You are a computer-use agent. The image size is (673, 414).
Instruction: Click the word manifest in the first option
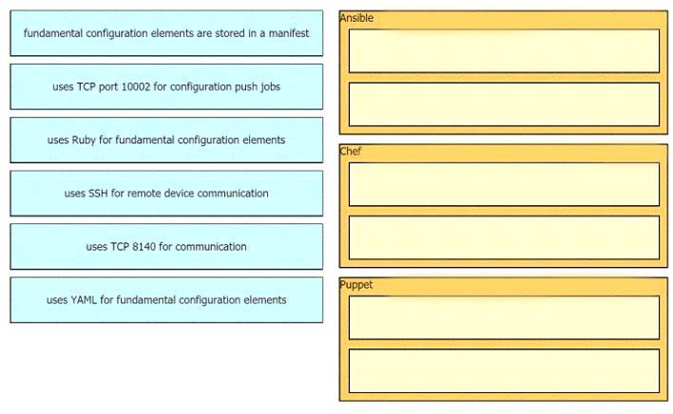289,33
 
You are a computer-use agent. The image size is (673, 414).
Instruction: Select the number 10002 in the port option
136,86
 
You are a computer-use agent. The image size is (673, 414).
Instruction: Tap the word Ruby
84,141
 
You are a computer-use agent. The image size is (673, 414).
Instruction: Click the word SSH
98,194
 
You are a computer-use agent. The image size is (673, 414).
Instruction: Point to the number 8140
144,247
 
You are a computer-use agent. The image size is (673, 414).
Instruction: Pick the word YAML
84,299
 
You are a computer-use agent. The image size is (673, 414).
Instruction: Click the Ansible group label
356,18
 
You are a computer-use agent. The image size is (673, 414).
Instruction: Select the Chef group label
350,151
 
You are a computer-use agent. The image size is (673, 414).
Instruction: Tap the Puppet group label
356,285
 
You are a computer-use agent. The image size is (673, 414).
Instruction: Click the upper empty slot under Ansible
504,50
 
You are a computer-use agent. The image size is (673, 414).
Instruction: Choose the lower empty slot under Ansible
504,104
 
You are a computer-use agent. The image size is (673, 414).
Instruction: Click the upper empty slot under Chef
504,184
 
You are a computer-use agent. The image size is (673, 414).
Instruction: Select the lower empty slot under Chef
504,237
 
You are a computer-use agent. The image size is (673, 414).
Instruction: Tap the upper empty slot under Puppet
504,317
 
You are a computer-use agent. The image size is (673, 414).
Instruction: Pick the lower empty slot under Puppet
504,370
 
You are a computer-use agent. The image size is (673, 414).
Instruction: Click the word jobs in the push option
270,87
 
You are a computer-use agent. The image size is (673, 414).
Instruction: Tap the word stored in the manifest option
230,33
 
